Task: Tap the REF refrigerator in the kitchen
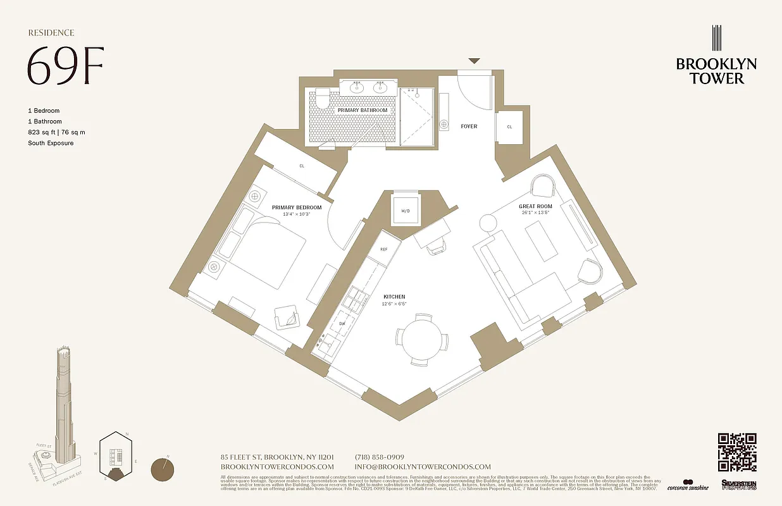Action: pos(384,249)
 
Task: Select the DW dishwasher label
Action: pos(342,323)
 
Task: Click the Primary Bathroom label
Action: pos(362,111)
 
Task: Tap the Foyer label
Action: pos(469,126)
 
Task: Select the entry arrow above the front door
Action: pos(474,61)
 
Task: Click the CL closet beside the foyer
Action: pos(509,126)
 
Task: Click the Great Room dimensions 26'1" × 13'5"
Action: pos(536,213)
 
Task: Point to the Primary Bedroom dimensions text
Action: pos(297,215)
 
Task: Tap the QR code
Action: pos(737,452)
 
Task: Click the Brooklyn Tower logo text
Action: pos(716,71)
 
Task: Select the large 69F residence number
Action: pos(65,66)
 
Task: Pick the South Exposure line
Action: pos(51,143)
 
